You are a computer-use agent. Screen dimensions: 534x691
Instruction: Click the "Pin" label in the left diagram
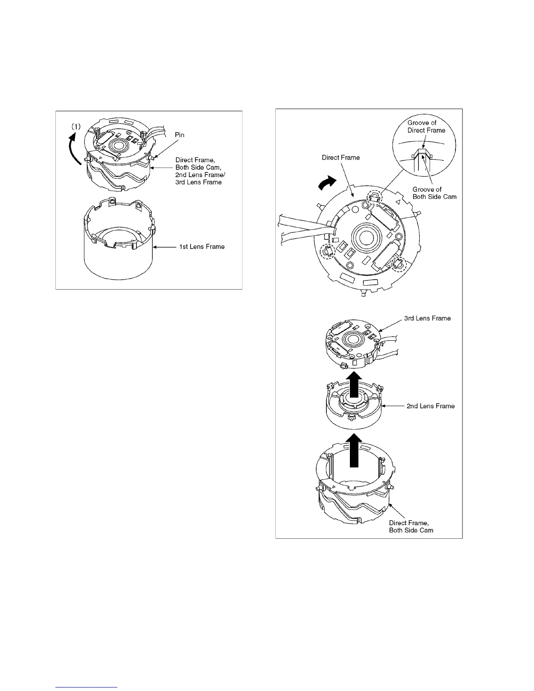pos(179,135)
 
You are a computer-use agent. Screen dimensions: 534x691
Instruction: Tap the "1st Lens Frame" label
pos(202,246)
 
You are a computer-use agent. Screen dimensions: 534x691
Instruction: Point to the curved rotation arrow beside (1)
pos(76,148)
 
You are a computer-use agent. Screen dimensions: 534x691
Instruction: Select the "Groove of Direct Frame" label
pos(426,127)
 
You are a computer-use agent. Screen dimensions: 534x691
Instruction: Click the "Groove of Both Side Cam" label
pos(435,193)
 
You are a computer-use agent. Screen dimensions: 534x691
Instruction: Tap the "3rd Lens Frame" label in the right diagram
pos(427,318)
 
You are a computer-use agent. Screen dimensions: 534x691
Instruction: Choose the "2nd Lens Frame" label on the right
pos(431,406)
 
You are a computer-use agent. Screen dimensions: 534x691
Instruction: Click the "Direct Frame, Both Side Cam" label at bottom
pos(411,527)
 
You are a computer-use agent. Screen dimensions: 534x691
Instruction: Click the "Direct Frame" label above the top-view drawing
pos(341,157)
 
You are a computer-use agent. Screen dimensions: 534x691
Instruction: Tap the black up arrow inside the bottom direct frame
pos(356,449)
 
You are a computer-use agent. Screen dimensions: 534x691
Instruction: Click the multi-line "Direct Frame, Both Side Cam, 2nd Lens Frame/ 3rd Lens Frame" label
pos(200,171)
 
